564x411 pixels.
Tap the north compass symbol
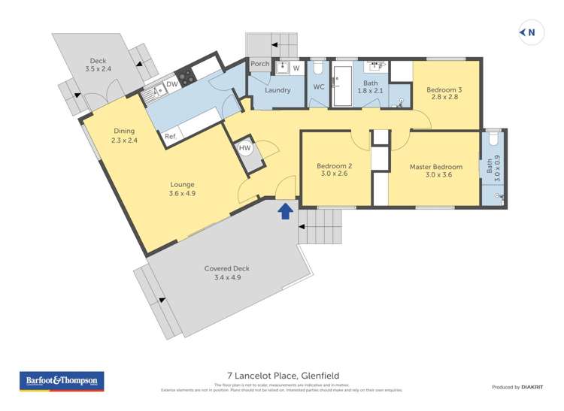[531, 32]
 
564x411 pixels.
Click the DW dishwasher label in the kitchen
[171, 84]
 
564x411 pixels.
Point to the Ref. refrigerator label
[170, 136]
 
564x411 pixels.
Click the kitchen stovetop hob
[186, 75]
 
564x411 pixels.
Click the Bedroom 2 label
[332, 166]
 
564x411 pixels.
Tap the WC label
[318, 86]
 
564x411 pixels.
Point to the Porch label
[259, 64]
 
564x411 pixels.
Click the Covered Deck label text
[226, 268]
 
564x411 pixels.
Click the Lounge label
[182, 184]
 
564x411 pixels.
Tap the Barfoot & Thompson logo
[61, 381]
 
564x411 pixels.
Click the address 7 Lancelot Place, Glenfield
[282, 374]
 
